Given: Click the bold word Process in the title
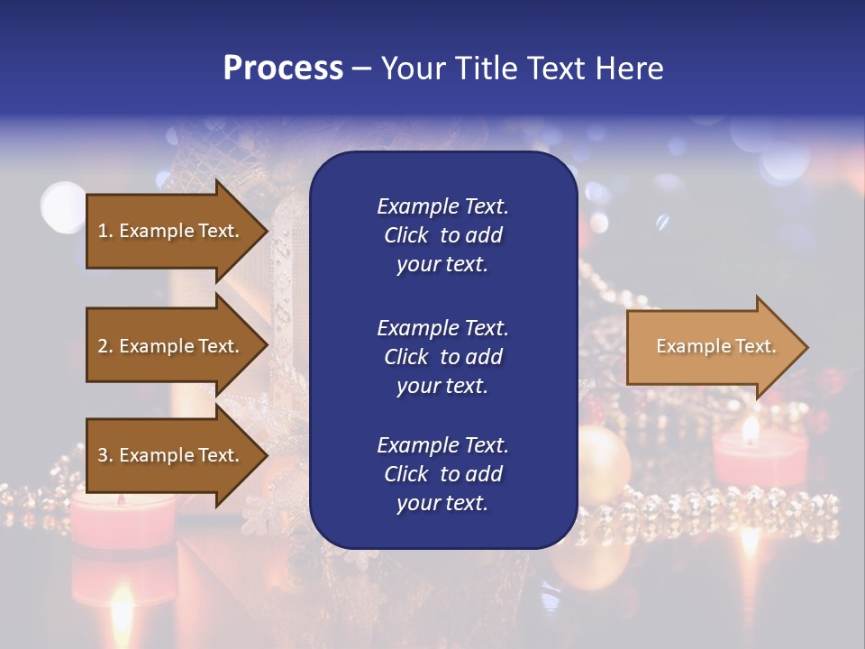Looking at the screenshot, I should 283,69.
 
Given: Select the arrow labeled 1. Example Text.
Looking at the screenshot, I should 171,231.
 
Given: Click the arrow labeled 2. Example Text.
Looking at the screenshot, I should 171,346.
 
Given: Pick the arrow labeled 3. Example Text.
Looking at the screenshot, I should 171,455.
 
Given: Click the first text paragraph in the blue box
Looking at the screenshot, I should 442,235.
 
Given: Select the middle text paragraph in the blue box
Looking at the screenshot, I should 442,357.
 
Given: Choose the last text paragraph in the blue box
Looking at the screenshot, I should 442,474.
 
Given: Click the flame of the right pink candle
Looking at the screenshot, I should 750,431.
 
